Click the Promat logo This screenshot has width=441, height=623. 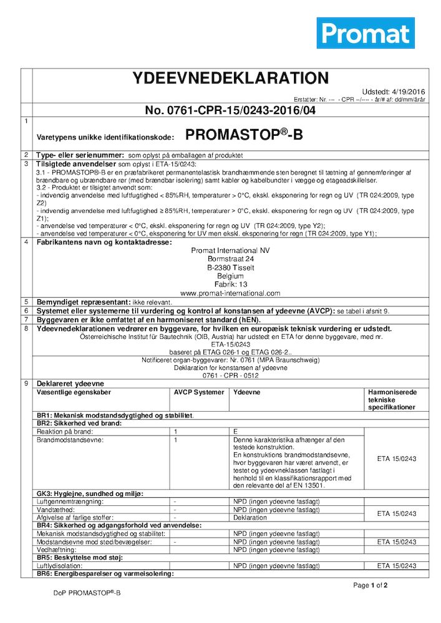pos(366,33)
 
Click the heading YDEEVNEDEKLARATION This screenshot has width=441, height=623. pos(231,78)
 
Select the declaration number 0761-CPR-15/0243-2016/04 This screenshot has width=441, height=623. pos(231,110)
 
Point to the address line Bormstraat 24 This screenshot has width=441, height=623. pos(231,259)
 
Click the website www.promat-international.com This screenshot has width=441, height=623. pos(230,293)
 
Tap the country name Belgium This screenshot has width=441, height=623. pos(230,275)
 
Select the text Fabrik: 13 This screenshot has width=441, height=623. pos(230,284)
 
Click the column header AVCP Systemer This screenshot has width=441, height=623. pos(199,392)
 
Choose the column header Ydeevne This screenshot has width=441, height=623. pos(246,392)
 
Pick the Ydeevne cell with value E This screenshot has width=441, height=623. pos(236,431)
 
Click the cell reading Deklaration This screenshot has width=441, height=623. pos(250,517)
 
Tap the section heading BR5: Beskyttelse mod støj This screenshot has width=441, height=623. pos(80,558)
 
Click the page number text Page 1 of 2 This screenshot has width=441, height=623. pos(371,586)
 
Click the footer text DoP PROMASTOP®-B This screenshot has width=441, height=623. pos(87,593)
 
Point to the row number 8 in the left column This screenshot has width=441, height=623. pos(26,328)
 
